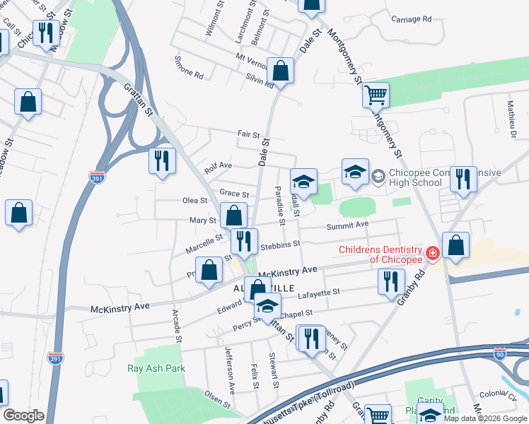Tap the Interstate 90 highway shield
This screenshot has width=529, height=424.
point(501,352)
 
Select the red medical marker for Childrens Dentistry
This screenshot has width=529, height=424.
point(431,253)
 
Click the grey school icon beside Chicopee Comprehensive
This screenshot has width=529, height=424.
point(378,175)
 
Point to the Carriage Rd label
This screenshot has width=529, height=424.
point(412,20)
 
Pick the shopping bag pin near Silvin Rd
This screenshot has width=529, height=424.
point(280,72)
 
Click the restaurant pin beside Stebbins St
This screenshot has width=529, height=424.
point(244,241)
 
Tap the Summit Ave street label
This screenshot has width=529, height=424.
point(347,225)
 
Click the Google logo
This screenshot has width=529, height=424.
point(23,416)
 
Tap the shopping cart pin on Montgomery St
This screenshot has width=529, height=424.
point(376,94)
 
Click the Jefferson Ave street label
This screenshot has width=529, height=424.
point(229,370)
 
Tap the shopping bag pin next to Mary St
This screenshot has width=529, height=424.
point(233,216)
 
